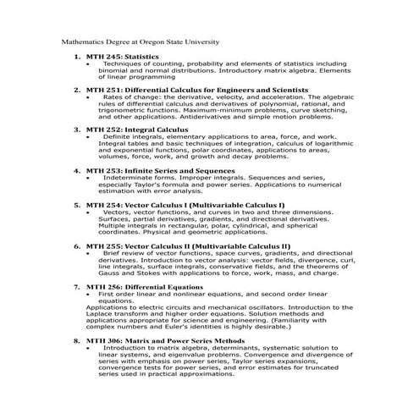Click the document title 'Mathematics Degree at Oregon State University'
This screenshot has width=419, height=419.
[141, 41]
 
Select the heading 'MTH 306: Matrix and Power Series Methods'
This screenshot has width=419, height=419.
[173, 340]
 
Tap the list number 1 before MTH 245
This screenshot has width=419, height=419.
[77, 56]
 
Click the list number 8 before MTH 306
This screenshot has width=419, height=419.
[77, 340]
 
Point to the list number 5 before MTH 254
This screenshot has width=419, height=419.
[77, 204]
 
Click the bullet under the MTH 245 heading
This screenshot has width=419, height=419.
[88, 64]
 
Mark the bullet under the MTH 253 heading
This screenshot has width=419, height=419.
[88, 179]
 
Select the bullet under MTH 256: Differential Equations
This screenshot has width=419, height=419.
[88, 294]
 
